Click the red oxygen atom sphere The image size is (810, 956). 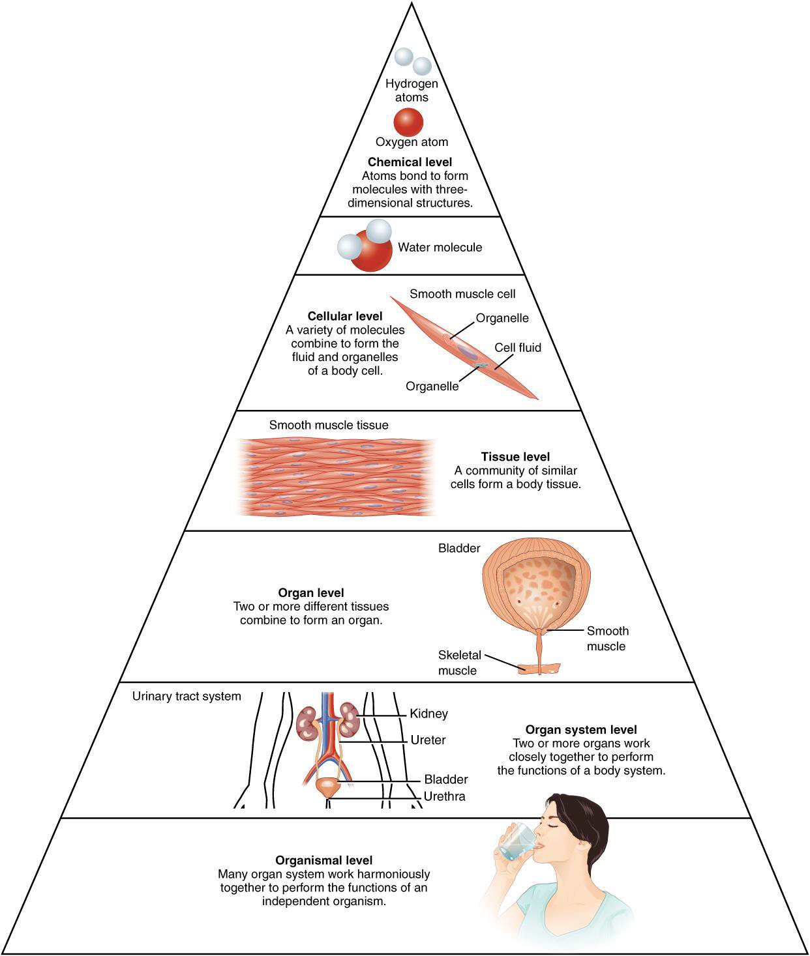(408, 122)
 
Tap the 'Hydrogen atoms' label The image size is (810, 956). (412, 91)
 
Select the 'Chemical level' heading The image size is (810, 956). (410, 162)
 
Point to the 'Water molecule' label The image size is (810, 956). (440, 248)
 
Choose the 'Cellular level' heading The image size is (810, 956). (345, 317)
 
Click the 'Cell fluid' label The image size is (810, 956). (517, 347)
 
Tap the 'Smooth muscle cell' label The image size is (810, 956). (462, 294)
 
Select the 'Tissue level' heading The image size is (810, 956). (515, 457)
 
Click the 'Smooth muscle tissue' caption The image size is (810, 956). (329, 425)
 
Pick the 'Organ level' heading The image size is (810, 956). (311, 593)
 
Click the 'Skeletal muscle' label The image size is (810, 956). (459, 663)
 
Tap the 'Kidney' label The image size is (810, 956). (428, 714)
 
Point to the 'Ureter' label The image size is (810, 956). (428, 740)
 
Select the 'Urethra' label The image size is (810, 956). (444, 796)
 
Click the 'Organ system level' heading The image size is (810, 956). (581, 730)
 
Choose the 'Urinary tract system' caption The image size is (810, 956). (187, 696)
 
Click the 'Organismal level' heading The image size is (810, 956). (324, 860)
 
